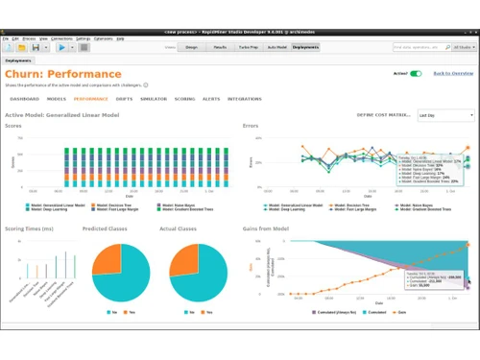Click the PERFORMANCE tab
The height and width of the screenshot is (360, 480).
(x=91, y=98)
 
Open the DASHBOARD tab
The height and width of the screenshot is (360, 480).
(x=25, y=98)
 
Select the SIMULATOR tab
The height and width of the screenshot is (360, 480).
(x=154, y=98)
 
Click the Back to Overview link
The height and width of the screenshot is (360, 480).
(x=453, y=73)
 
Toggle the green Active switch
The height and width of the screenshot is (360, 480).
(x=416, y=73)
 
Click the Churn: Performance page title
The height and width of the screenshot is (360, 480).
(x=63, y=73)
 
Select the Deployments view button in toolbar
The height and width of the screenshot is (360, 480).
(x=306, y=46)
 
